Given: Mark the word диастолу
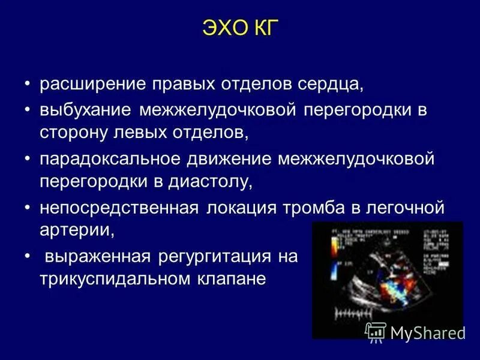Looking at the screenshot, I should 213,181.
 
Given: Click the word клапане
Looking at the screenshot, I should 235,279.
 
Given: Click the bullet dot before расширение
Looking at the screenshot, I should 28,83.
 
